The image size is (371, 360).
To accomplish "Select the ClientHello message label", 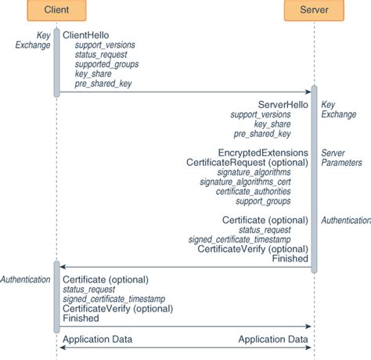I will (x=85, y=36).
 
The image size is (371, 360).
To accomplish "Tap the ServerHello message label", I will (x=284, y=104).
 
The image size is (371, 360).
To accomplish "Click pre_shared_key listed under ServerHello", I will (x=277, y=133).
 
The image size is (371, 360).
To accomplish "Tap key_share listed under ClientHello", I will (x=93, y=74).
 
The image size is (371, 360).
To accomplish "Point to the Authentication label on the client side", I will (x=26, y=279).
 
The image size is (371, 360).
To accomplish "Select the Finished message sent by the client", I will (x=81, y=319).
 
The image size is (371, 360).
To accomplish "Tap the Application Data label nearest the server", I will (x=273, y=339).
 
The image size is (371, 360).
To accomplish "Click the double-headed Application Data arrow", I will (x=185, y=347).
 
